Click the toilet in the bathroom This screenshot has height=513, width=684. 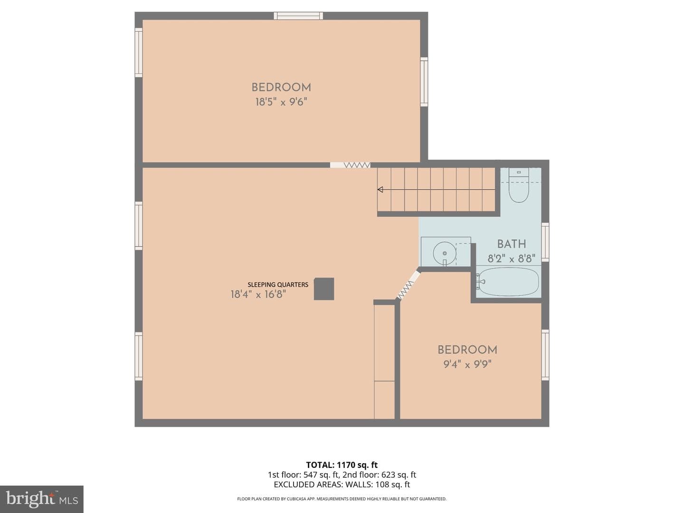(519, 185)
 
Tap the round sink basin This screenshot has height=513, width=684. (445, 253)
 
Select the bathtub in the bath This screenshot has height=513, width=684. (509, 282)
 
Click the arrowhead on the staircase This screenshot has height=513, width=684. (380, 190)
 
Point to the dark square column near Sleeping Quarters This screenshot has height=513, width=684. (324, 289)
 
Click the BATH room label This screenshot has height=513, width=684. (512, 244)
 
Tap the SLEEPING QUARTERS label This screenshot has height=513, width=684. (278, 285)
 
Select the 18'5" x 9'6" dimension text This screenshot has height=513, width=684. (281, 102)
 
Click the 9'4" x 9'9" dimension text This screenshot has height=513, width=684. (467, 364)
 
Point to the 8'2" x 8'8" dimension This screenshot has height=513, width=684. (512, 258)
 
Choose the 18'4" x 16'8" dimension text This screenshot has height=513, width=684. (258, 294)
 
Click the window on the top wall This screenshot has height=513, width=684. (298, 16)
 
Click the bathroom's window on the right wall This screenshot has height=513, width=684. (545, 242)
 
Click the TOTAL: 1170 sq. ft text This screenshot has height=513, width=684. (342, 465)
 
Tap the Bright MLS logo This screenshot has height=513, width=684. (42, 499)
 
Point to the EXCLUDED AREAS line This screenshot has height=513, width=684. (342, 484)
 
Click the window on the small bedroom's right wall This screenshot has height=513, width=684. (545, 355)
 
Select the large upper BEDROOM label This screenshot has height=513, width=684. (281, 87)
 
